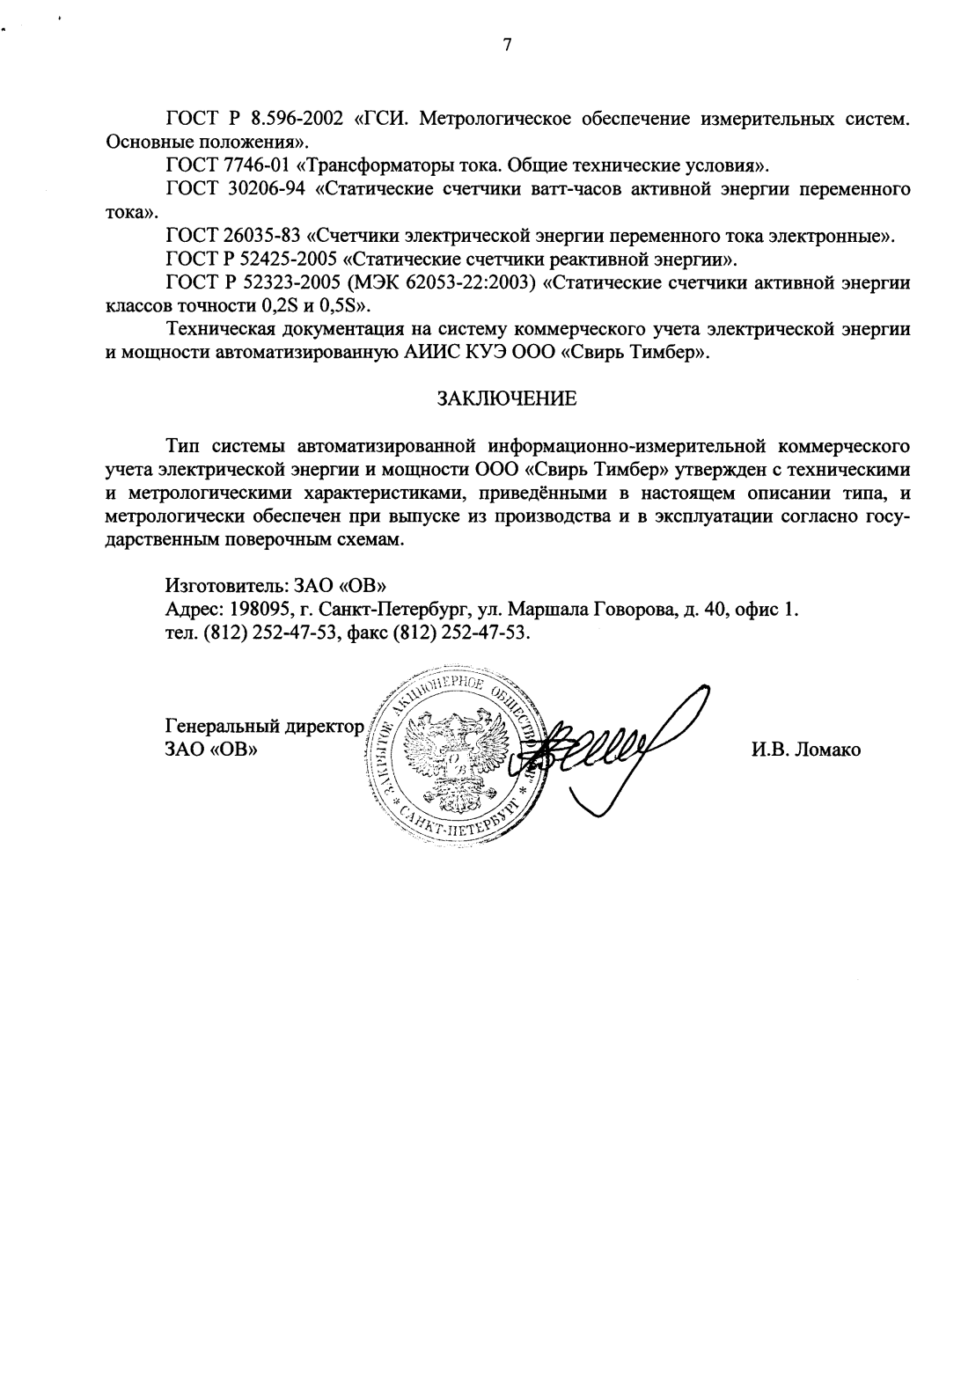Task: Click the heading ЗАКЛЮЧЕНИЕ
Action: pos(508,399)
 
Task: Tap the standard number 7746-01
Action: pos(253,165)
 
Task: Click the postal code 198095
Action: pos(260,609)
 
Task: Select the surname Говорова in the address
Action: pos(631,609)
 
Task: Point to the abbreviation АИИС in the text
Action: pos(429,353)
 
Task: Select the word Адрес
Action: pos(193,609)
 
